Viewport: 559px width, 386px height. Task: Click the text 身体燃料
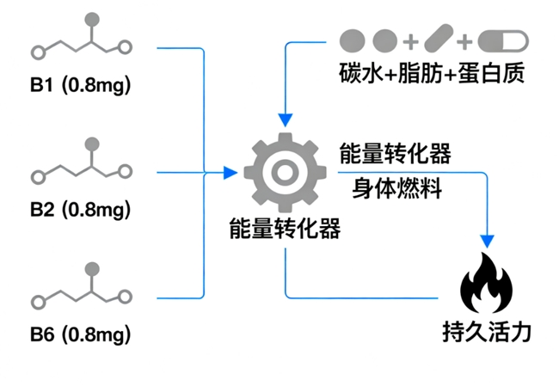click(x=397, y=188)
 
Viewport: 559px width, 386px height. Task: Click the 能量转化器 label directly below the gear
click(x=285, y=228)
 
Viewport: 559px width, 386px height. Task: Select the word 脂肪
click(x=424, y=73)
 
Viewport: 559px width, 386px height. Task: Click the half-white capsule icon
click(x=501, y=40)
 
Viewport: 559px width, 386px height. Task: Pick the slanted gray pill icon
click(x=438, y=40)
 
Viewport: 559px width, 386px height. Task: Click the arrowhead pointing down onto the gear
click(x=285, y=119)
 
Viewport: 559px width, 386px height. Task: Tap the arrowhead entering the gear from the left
click(x=230, y=173)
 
